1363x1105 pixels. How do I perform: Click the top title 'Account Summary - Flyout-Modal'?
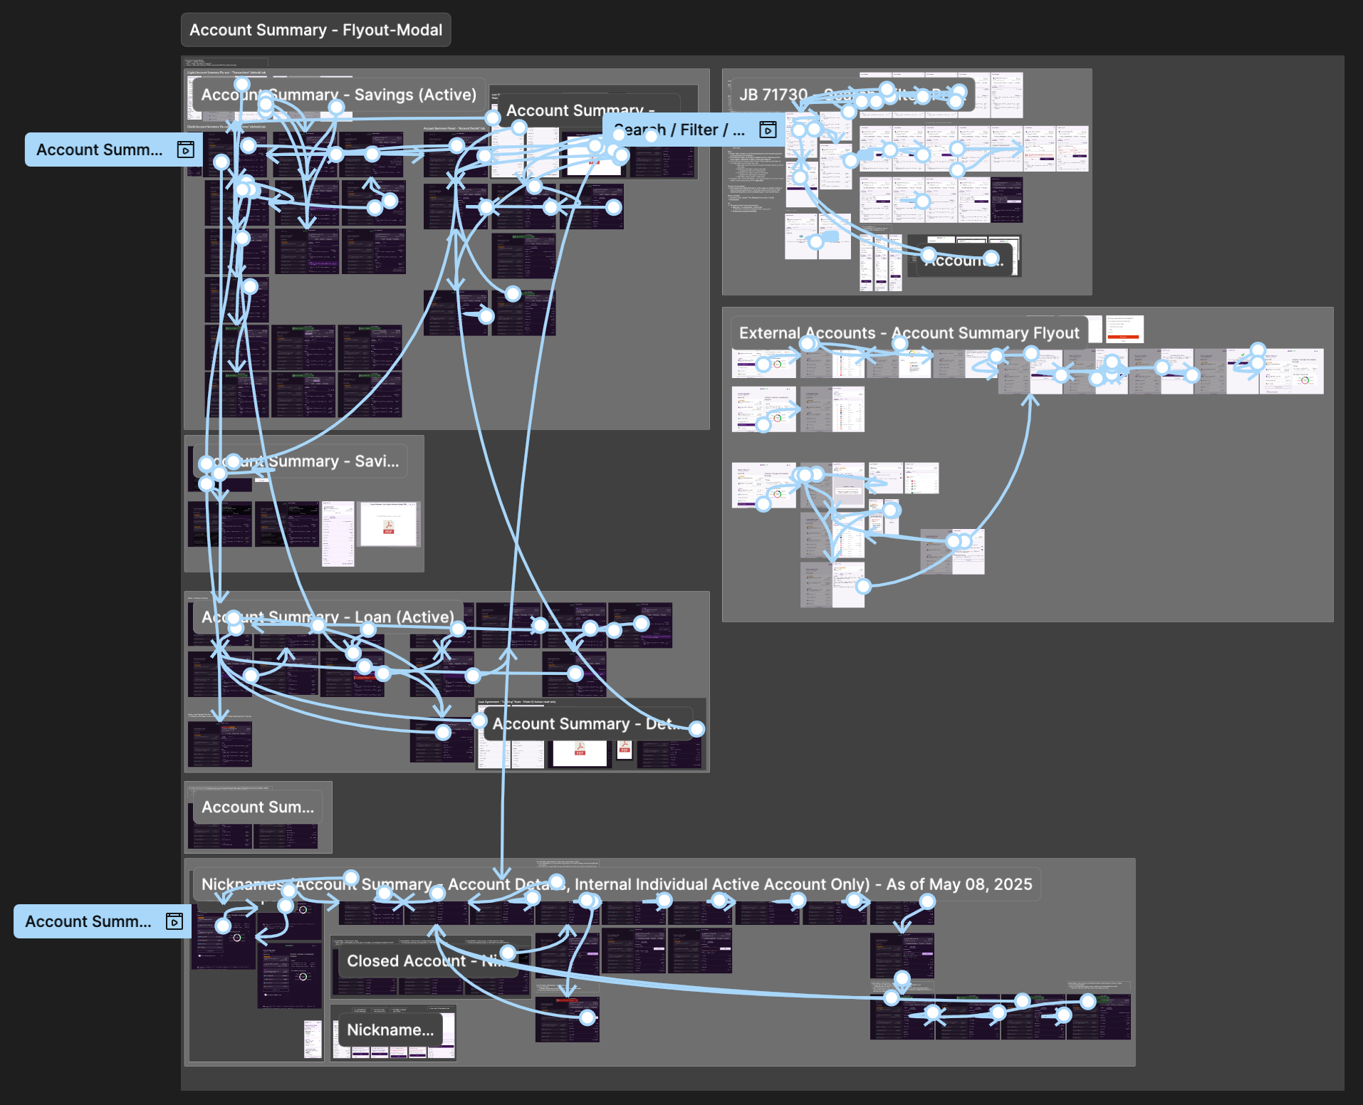tap(315, 30)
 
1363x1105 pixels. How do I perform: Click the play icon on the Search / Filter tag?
tap(767, 130)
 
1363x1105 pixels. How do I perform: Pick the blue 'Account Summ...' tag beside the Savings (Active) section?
tap(100, 150)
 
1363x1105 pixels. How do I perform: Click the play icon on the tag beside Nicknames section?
tap(174, 921)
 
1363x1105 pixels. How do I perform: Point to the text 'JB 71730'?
tap(773, 95)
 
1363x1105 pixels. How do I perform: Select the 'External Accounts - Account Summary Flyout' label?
tap(909, 332)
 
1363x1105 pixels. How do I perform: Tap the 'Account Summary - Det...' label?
tap(580, 724)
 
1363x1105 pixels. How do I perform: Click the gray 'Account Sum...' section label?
tap(257, 807)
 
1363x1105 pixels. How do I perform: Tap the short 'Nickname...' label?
tap(390, 1030)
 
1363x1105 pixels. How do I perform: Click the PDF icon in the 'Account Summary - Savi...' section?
tap(388, 528)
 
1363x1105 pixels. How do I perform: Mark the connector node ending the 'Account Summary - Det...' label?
tap(696, 728)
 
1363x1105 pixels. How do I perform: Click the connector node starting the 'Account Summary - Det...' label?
tap(479, 721)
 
